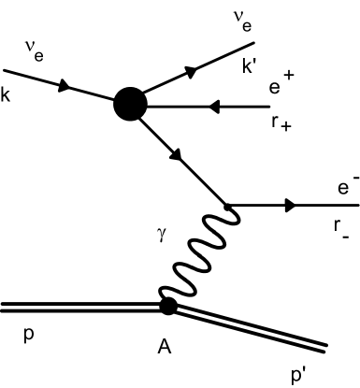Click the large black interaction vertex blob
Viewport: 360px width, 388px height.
pos(132,105)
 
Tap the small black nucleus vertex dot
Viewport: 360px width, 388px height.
pos(168,305)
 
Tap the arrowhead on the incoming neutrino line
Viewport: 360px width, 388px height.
pos(65,86)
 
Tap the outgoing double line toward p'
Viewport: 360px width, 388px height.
pos(252,329)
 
